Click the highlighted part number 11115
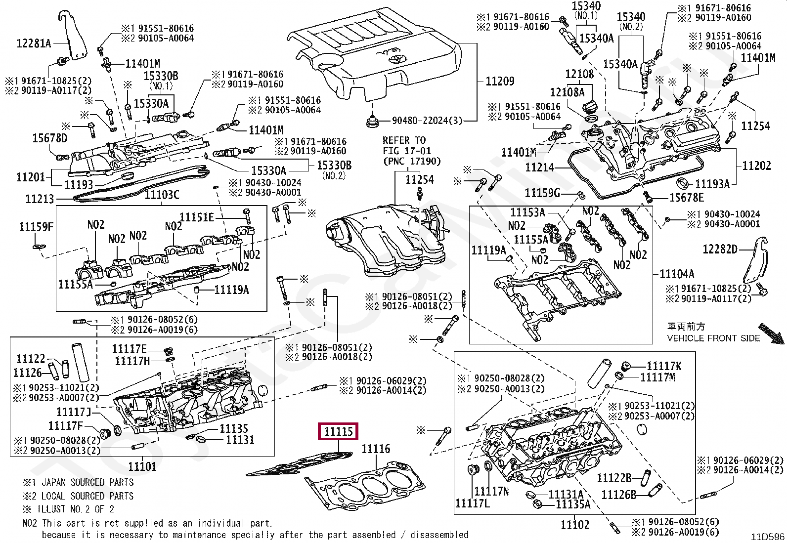pyautogui.click(x=338, y=431)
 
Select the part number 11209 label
pyautogui.click(x=500, y=81)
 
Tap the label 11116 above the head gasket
pyautogui.click(x=376, y=449)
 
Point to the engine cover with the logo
pyautogui.click(x=374, y=53)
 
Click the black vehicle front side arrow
pyautogui.click(x=771, y=334)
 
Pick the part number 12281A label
pyautogui.click(x=34, y=43)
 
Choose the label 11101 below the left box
pyautogui.click(x=142, y=466)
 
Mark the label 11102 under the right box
pyautogui.click(x=575, y=525)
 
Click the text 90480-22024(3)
pyautogui.click(x=427, y=121)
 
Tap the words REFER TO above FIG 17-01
pyautogui.click(x=404, y=140)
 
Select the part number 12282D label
pyautogui.click(x=720, y=249)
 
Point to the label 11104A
pyautogui.click(x=677, y=274)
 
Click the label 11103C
pyautogui.click(x=162, y=195)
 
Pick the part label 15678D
pyautogui.click(x=49, y=138)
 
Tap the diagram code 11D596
pyautogui.click(x=768, y=537)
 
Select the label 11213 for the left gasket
pyautogui.click(x=40, y=199)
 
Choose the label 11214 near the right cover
pyautogui.click(x=539, y=167)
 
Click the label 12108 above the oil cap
pyautogui.click(x=579, y=74)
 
